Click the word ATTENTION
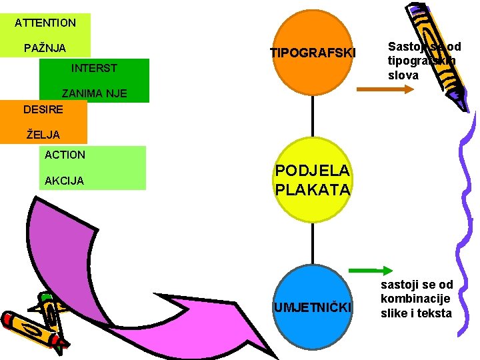pyautogui.click(x=45, y=23)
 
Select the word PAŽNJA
pyautogui.click(x=45, y=49)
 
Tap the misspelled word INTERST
pyautogui.click(x=93, y=68)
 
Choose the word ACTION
pyautogui.click(x=65, y=155)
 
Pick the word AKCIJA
pyautogui.click(x=64, y=181)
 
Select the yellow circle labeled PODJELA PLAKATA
pyautogui.click(x=313, y=180)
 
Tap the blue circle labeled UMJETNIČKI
pyautogui.click(x=313, y=307)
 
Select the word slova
pyautogui.click(x=403, y=75)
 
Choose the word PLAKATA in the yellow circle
pyautogui.click(x=313, y=189)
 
